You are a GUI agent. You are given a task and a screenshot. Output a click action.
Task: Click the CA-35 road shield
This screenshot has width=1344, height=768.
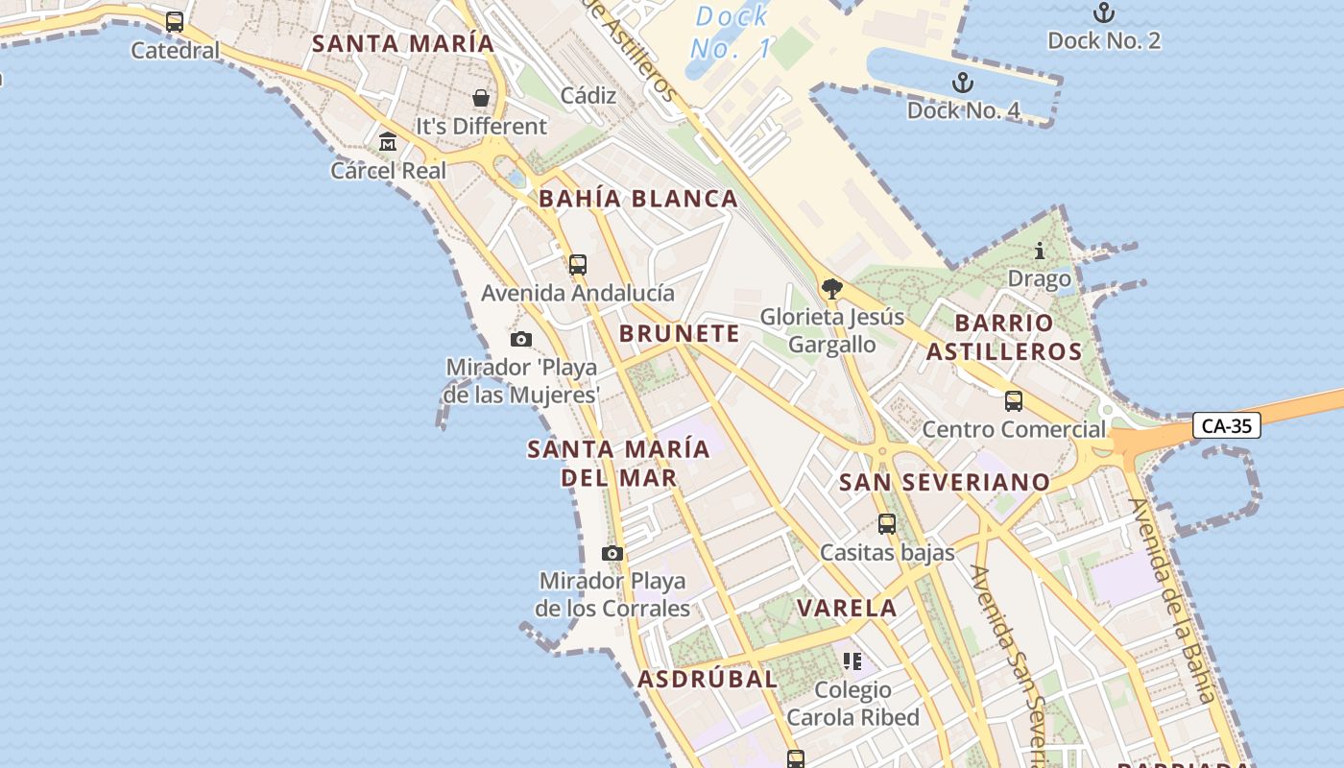1226,425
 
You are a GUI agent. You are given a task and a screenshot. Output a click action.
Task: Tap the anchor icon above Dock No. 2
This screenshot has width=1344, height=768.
1104,12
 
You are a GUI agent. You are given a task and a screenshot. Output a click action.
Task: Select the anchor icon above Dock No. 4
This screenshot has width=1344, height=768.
962,83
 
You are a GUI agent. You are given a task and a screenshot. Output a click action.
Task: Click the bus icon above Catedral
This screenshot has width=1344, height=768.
175,22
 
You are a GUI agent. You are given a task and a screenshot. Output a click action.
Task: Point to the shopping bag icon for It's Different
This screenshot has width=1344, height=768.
480,98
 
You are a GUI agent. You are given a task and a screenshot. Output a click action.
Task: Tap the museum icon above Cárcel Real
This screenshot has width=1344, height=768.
388,142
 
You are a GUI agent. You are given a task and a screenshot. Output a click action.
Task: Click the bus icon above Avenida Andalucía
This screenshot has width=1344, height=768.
577,265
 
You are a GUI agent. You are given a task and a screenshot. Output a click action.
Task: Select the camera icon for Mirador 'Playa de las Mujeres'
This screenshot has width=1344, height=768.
521,339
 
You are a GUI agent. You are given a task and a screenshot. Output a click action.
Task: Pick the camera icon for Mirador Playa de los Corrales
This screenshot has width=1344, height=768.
612,553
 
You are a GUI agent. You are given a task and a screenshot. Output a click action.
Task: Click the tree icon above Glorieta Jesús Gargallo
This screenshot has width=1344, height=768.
831,288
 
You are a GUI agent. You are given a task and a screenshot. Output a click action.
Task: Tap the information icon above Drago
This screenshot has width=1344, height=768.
1039,252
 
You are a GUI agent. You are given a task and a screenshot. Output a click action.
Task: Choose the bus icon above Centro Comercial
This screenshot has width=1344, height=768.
1013,401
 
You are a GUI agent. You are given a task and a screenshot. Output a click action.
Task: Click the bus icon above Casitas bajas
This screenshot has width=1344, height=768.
886,524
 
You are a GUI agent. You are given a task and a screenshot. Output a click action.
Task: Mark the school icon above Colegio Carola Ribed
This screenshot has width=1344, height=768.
852,661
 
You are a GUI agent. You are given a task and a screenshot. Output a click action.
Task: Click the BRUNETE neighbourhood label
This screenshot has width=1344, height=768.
680,334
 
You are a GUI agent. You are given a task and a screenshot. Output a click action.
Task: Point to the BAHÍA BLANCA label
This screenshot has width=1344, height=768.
638,200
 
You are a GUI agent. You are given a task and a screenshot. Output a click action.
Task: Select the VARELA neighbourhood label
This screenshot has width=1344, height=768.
847,608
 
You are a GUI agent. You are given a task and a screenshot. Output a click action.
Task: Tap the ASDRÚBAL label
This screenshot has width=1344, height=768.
708,680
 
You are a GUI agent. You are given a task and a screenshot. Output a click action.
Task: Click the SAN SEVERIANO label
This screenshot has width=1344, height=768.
945,482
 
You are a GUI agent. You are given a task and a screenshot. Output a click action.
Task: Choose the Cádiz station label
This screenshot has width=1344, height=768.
588,95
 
